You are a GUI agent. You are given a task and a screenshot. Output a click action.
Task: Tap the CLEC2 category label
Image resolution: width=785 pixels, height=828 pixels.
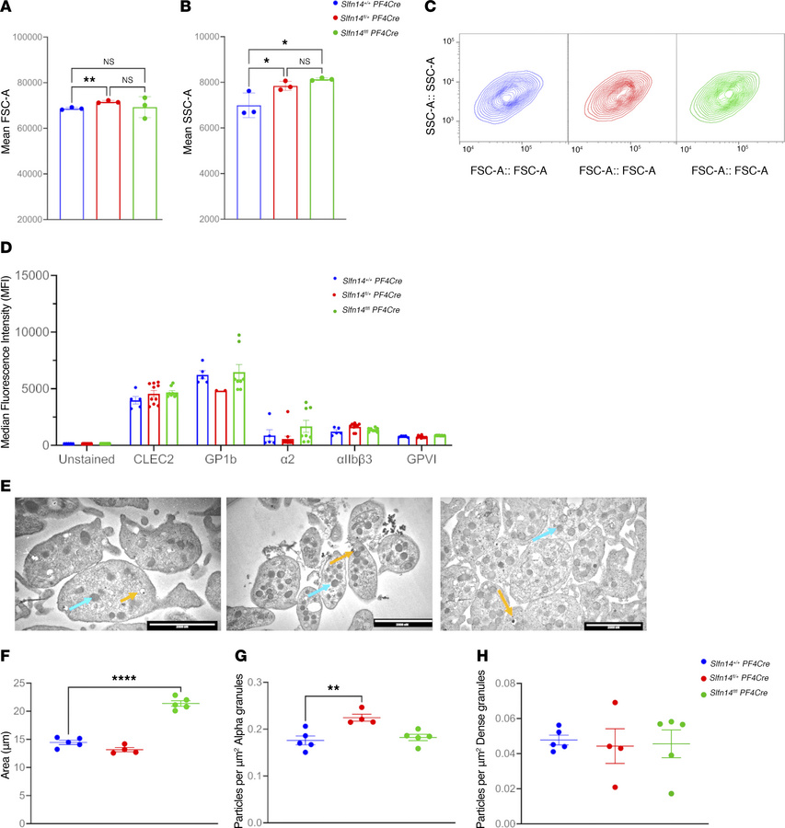[145, 459]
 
